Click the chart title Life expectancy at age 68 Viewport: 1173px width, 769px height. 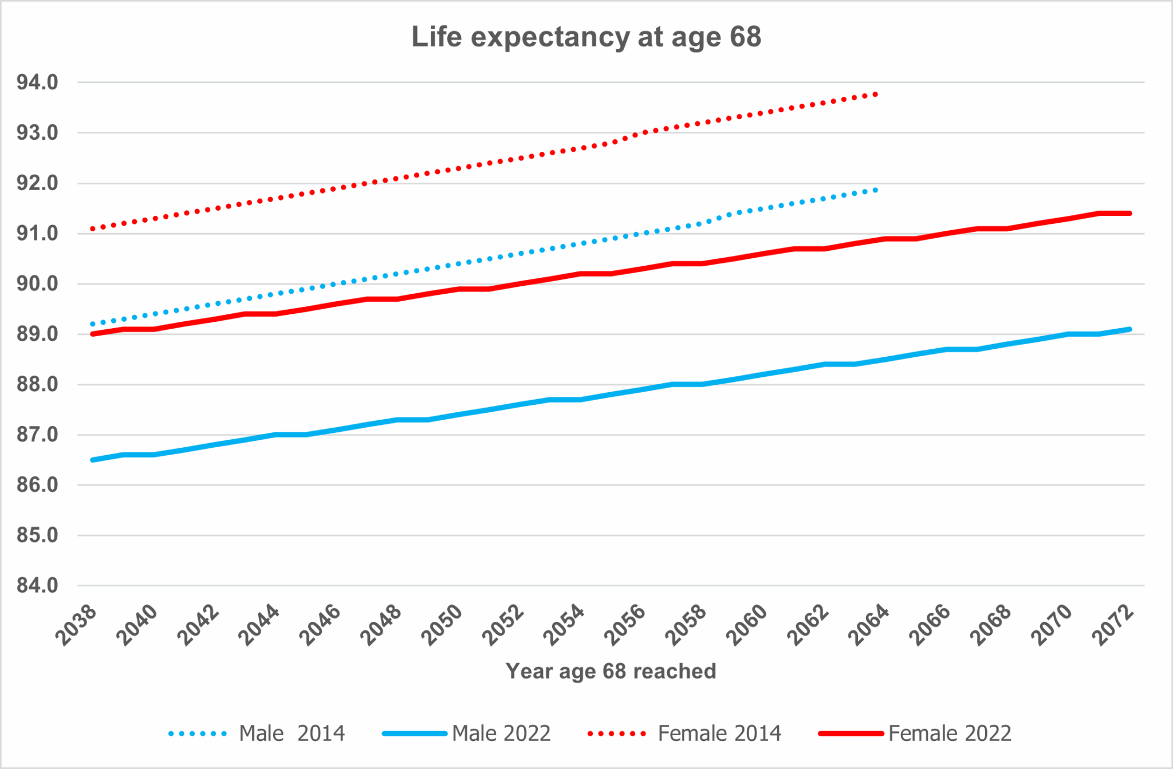coord(586,37)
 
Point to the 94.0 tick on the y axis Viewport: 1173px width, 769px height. coord(37,82)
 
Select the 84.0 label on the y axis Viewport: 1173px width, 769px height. coord(37,585)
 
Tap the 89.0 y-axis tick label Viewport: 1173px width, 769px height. coord(37,334)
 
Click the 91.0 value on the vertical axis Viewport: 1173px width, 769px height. coord(37,234)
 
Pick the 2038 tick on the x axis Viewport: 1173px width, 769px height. coord(76,626)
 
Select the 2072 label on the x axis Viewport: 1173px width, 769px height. coord(1113,626)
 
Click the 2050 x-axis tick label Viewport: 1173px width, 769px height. coord(442,626)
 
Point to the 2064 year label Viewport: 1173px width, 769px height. coord(869,626)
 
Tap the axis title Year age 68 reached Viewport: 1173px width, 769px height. coord(611,671)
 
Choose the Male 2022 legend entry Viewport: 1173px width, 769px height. coord(467,733)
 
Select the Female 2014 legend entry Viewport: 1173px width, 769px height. coord(685,733)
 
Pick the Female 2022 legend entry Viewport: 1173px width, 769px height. coord(915,733)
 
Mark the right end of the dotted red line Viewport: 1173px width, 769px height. coord(876,94)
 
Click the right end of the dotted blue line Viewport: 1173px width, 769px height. coord(876,190)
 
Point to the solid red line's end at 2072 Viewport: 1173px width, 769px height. coord(1129,214)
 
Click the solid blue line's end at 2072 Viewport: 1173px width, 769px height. coord(1129,329)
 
